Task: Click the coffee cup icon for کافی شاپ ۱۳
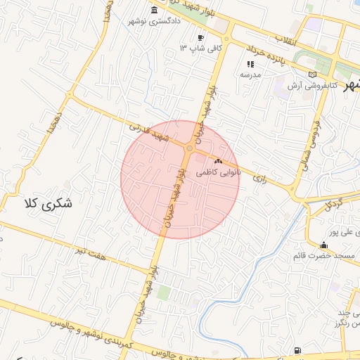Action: click(201, 37)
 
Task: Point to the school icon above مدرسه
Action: click(250, 64)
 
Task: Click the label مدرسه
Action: click(250, 75)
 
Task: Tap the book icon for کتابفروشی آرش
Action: click(312, 75)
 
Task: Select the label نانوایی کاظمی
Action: click(218, 172)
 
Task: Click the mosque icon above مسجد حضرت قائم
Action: click(323, 245)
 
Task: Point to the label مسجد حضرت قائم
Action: click(323, 255)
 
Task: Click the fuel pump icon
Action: click(300, 350)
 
